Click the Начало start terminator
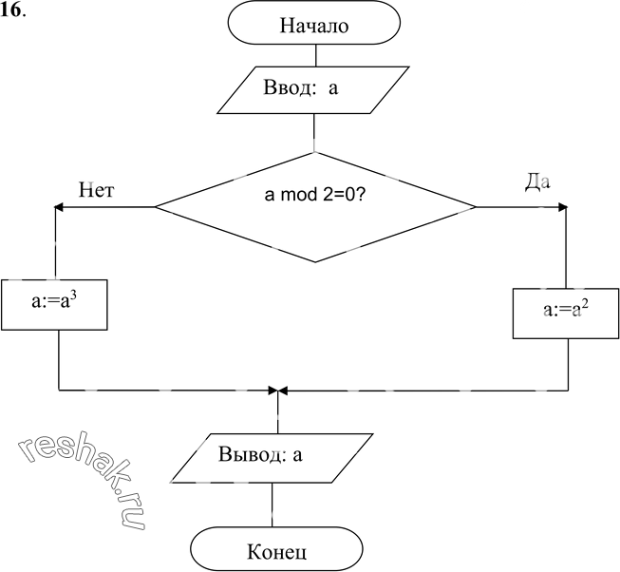point(314,23)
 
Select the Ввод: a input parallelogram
point(313,90)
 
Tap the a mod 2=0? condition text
point(314,195)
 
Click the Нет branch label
point(97,190)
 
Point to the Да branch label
point(537,182)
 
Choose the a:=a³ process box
point(54,305)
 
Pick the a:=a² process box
point(566,314)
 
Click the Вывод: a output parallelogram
point(272,458)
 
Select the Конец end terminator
point(277,548)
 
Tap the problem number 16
point(11,11)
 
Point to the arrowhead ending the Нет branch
point(58,207)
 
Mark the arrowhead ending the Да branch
point(563,207)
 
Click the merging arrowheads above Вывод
point(278,391)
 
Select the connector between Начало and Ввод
point(315,55)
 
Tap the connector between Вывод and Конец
point(272,505)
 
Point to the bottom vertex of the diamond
point(315,262)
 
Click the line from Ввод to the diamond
point(314,133)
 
